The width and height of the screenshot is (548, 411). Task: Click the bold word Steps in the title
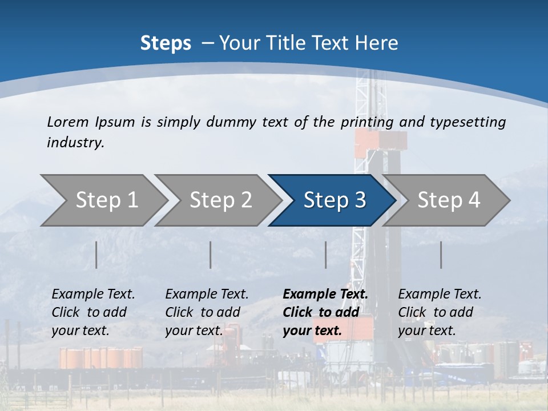click(x=166, y=43)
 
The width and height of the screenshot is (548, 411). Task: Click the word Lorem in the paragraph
click(x=67, y=122)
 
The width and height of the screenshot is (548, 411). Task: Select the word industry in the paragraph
click(x=75, y=142)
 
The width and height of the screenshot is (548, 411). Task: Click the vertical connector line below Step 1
click(x=96, y=255)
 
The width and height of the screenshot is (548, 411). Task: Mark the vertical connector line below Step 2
click(x=211, y=255)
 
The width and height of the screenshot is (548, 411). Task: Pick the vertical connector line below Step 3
click(x=325, y=255)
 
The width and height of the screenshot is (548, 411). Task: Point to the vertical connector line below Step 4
click(x=441, y=255)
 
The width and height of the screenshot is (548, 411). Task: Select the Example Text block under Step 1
click(x=93, y=312)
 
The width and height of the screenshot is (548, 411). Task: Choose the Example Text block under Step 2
click(x=207, y=312)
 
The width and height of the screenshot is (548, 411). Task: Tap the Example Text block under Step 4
click(x=440, y=312)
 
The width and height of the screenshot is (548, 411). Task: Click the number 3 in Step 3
click(x=360, y=200)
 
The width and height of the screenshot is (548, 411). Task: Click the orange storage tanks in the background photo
click(x=100, y=358)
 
